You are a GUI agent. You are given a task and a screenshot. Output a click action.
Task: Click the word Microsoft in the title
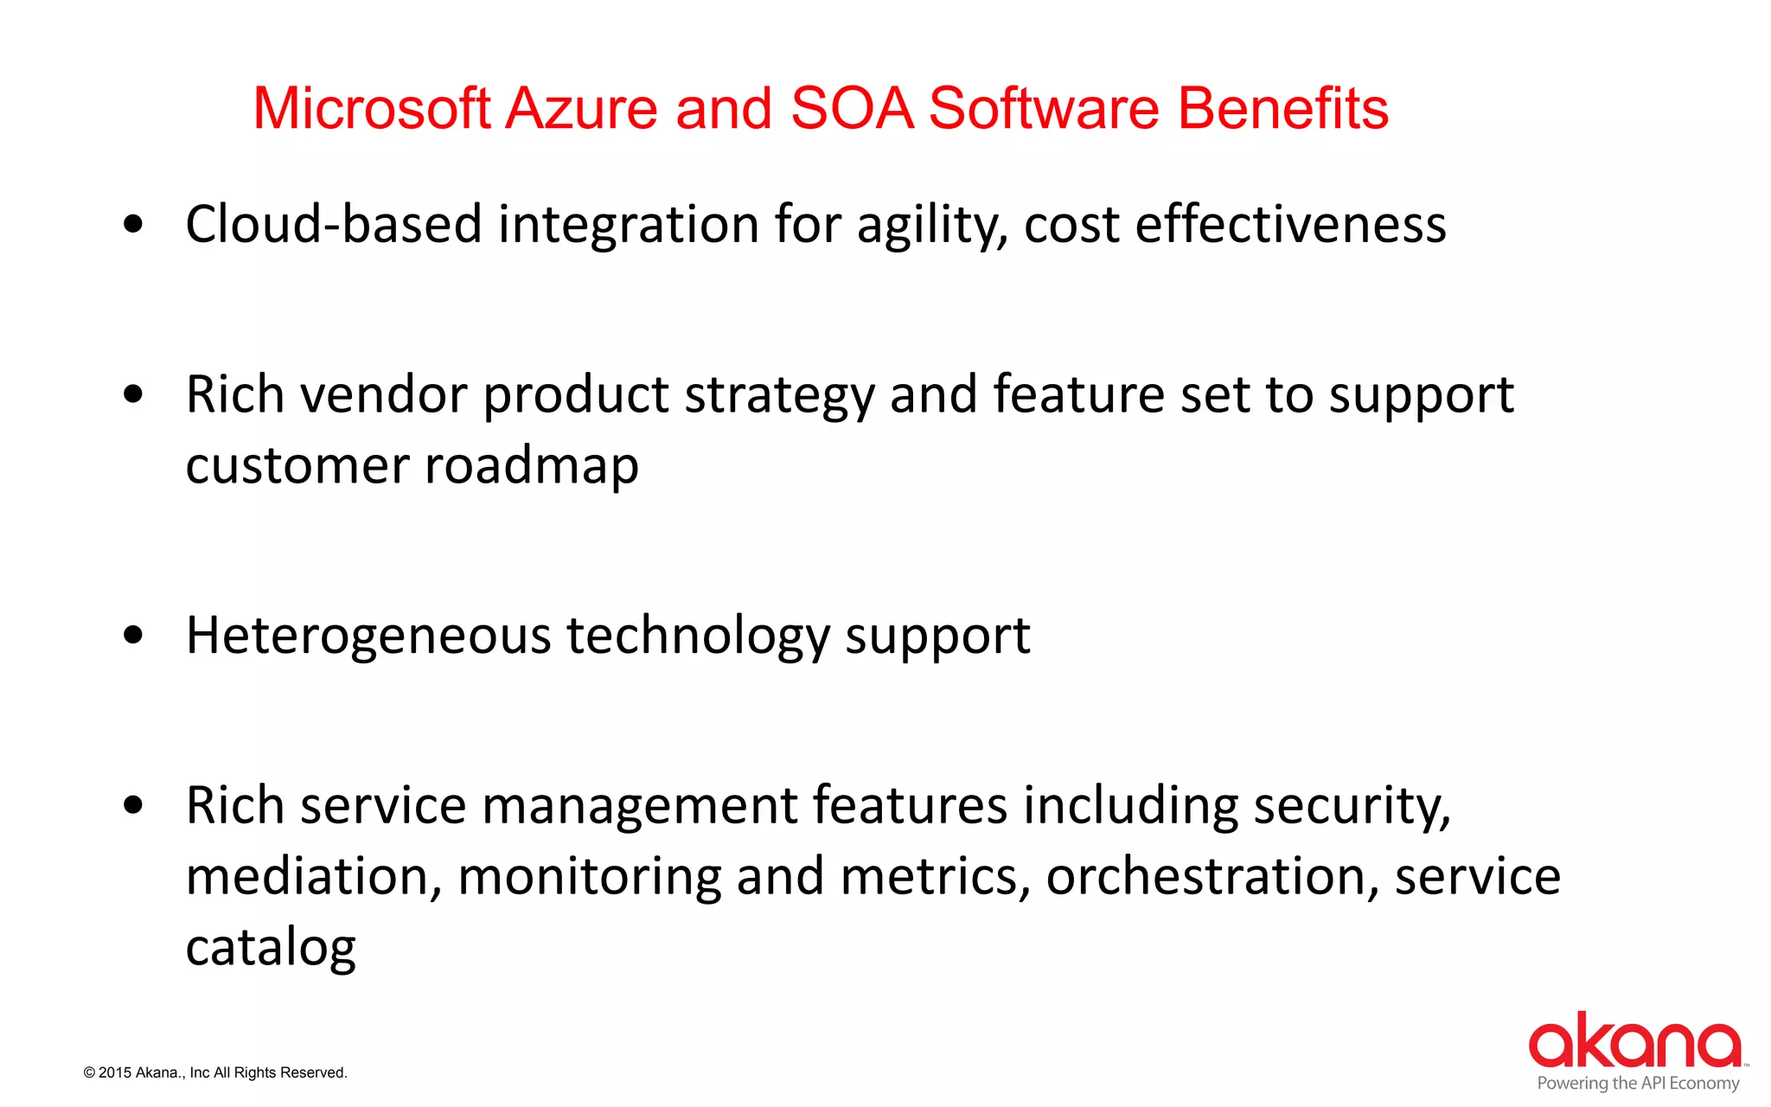(372, 110)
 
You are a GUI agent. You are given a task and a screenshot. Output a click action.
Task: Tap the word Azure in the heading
(581, 110)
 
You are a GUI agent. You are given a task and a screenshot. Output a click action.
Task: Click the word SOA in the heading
(852, 110)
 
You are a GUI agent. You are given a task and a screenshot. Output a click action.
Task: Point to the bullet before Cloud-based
(133, 225)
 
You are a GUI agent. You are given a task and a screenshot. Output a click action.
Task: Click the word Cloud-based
(333, 225)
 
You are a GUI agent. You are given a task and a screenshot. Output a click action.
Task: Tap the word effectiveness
(1290, 225)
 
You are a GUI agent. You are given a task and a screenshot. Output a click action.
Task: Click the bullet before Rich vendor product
(133, 395)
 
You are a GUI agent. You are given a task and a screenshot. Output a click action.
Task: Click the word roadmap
(531, 467)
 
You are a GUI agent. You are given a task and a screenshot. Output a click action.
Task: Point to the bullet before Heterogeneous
(133, 636)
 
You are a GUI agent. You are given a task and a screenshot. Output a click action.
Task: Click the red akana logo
(1635, 1041)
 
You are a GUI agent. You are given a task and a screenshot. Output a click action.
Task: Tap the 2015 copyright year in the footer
(115, 1073)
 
